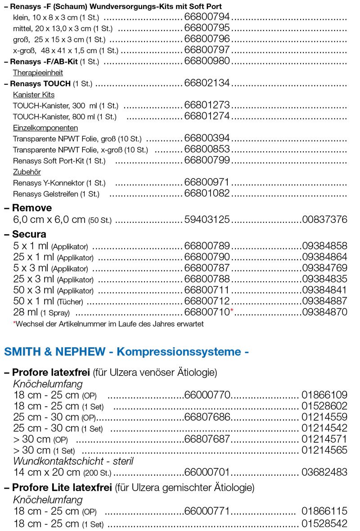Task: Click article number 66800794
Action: pos(207,17)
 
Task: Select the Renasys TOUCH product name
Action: pos(40,83)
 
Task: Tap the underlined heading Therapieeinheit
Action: pos(38,73)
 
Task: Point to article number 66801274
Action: pos(207,116)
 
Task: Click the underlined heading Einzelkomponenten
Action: pos(45,127)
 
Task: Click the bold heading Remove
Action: pos(31,208)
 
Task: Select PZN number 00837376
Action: pos(324,220)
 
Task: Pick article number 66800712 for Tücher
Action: pos(207,301)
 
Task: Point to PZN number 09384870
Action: pos(324,312)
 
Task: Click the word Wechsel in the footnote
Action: pos(28,324)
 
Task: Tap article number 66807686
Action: pos(207,418)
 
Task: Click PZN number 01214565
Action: pos(324,450)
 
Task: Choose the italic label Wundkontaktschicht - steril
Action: pos(73,461)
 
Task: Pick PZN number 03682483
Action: pos(324,472)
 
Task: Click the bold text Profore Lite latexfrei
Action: pos(62,488)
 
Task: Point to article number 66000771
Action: pos(207,512)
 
